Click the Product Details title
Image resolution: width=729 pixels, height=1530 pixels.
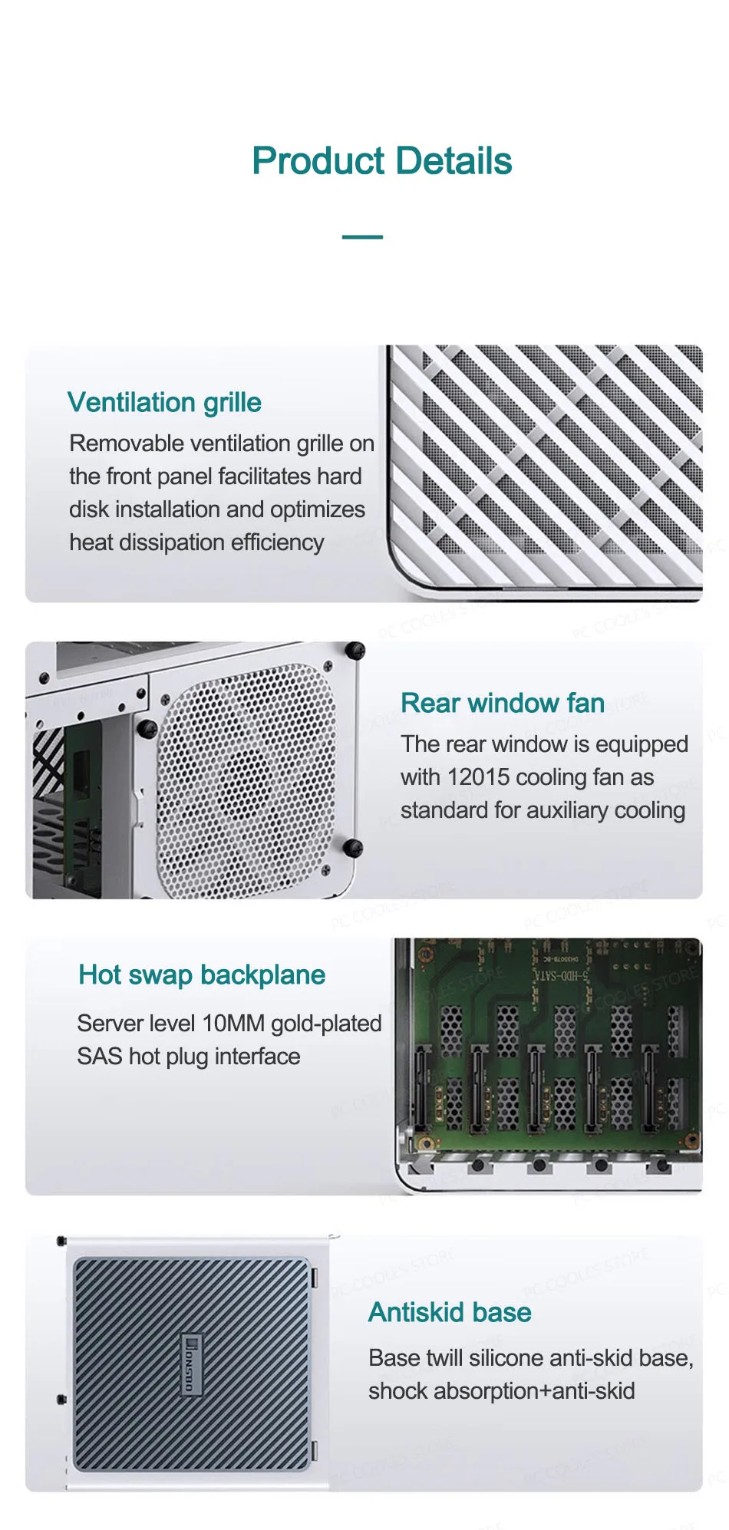coord(382,161)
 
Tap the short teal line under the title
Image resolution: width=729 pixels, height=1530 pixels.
coord(362,237)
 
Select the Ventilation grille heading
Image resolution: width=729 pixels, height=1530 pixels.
coord(164,403)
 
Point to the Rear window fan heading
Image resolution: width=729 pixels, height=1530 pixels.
coord(503,703)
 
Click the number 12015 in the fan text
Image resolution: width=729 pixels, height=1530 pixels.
coord(479,777)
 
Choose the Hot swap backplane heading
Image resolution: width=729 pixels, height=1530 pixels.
coord(202,975)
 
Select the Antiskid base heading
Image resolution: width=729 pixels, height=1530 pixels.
coord(450,1312)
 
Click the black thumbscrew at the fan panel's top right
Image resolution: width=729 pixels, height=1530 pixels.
coord(355,651)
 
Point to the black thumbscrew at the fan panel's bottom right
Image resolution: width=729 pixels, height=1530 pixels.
coord(352,848)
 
